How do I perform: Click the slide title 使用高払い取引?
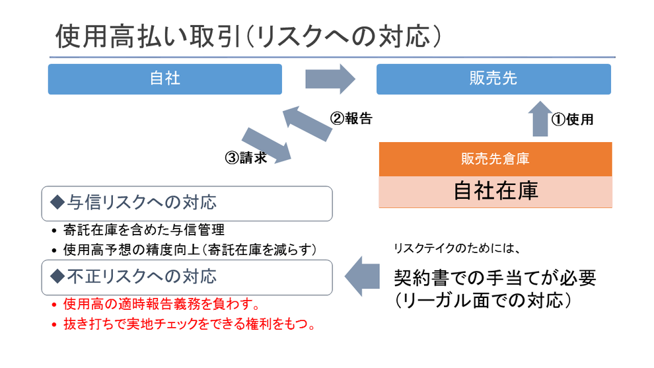click(x=149, y=36)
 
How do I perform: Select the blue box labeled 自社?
click(x=164, y=79)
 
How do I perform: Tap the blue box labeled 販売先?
click(x=493, y=79)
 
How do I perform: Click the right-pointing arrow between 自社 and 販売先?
click(x=330, y=79)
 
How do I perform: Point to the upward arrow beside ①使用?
click(x=540, y=119)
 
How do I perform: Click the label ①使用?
click(x=572, y=120)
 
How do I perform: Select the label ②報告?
click(x=351, y=118)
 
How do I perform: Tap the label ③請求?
click(x=246, y=158)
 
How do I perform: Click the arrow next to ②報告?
click(x=308, y=123)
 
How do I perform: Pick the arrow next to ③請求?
click(x=266, y=145)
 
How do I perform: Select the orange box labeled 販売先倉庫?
click(x=495, y=159)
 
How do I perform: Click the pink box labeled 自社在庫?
click(x=495, y=192)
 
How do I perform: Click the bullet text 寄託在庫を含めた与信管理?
click(x=144, y=229)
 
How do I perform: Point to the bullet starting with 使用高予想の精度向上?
click(x=190, y=250)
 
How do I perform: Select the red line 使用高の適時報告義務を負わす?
click(x=162, y=304)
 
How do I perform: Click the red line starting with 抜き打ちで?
click(x=190, y=324)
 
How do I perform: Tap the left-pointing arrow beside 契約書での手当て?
click(x=362, y=276)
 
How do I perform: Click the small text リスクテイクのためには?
click(x=457, y=248)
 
